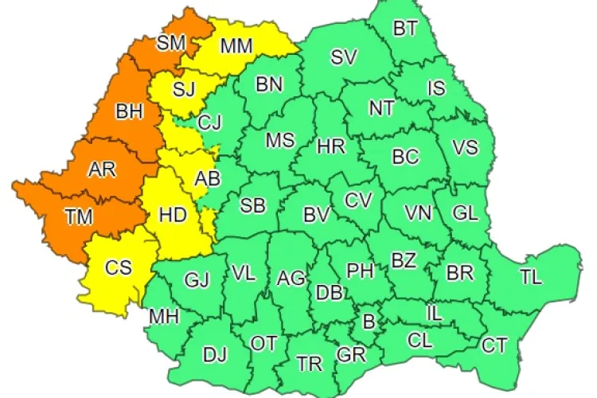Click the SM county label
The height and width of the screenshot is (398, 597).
171,44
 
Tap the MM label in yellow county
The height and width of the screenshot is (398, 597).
236,46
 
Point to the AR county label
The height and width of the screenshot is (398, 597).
100,169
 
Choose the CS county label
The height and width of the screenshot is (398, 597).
119,267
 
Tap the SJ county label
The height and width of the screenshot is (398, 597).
184,88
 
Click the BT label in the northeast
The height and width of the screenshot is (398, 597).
405,29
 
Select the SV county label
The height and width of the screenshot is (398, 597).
344,57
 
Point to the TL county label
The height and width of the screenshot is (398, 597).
530,278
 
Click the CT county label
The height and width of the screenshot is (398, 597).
494,345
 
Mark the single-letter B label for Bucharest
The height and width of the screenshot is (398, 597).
368,322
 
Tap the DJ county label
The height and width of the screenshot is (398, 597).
215,355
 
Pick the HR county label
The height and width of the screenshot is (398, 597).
330,146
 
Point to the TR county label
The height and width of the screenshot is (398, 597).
309,364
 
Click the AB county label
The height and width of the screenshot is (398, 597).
208,180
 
